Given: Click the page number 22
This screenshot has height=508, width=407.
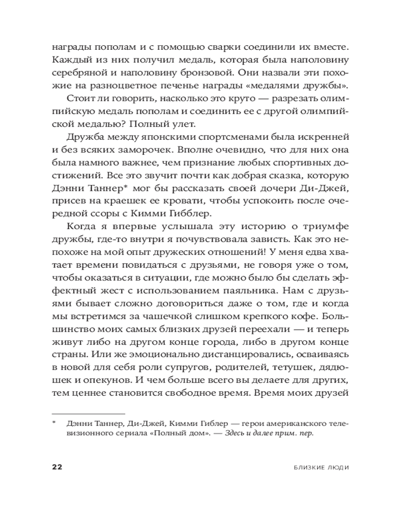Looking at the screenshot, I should pos(57,468).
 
